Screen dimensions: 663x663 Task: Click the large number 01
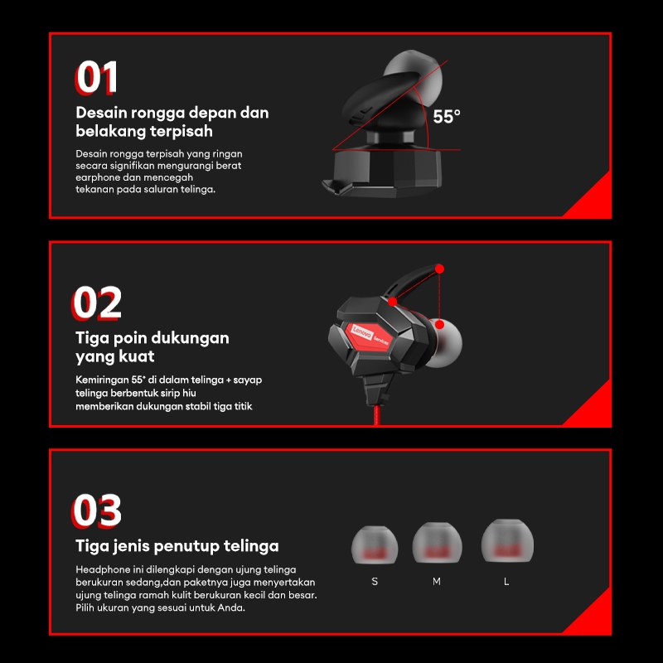(x=96, y=77)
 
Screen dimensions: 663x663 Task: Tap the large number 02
(x=97, y=302)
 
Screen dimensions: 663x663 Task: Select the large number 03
(x=97, y=511)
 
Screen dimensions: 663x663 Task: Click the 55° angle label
(x=447, y=117)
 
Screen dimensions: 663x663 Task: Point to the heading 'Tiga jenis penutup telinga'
(x=177, y=546)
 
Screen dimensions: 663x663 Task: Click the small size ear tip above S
(x=375, y=545)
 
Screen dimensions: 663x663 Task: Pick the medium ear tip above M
(x=438, y=543)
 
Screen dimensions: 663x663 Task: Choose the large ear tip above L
(x=507, y=541)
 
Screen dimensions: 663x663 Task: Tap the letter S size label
(x=375, y=582)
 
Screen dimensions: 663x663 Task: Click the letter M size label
(x=437, y=582)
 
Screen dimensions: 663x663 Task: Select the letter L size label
(x=506, y=582)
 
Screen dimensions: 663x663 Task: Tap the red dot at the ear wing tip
(x=440, y=269)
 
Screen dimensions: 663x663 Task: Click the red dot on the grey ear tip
(x=440, y=324)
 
